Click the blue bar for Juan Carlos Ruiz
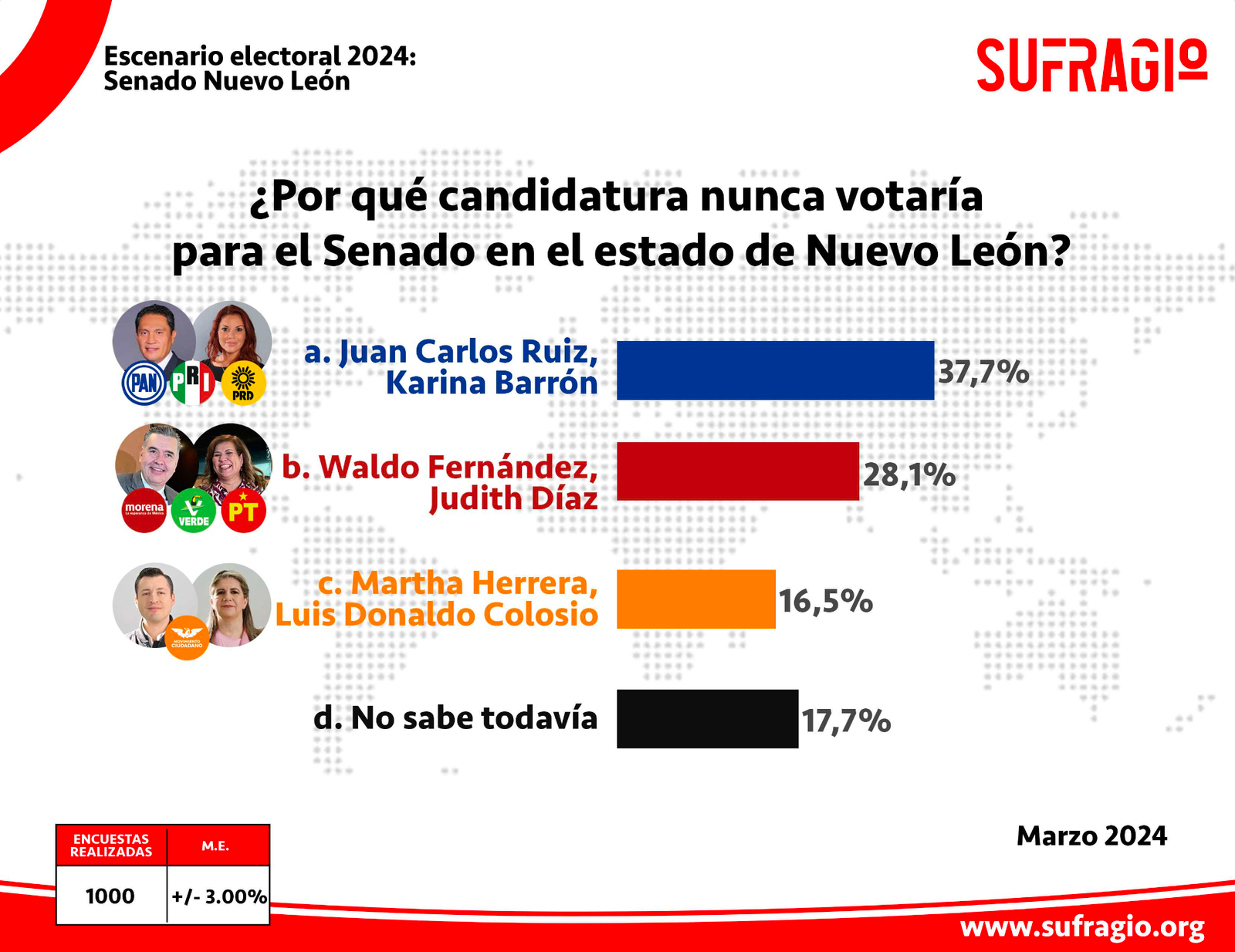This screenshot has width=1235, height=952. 775,370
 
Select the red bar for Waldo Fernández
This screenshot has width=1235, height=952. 737,471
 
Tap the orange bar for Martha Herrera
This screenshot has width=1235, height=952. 695,599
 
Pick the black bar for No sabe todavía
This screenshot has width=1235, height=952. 707,718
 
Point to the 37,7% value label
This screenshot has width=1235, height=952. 983,372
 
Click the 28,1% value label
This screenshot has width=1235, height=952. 908,474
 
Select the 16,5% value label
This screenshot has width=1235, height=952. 825,601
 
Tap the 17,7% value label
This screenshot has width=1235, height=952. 846,721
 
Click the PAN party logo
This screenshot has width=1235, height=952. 144,383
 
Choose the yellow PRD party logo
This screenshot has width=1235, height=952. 243,383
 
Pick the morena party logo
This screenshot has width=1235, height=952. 144,510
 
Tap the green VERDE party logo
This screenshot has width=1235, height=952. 194,510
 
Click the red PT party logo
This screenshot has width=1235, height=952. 243,510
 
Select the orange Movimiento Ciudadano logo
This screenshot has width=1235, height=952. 187,637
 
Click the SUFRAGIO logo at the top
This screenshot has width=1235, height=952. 1091,65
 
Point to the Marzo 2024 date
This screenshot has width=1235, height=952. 1091,836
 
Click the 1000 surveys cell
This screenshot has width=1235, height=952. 110,896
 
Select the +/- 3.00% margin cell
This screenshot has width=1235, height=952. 219,896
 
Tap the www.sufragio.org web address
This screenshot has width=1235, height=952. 1082,927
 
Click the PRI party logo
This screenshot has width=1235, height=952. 192,383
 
